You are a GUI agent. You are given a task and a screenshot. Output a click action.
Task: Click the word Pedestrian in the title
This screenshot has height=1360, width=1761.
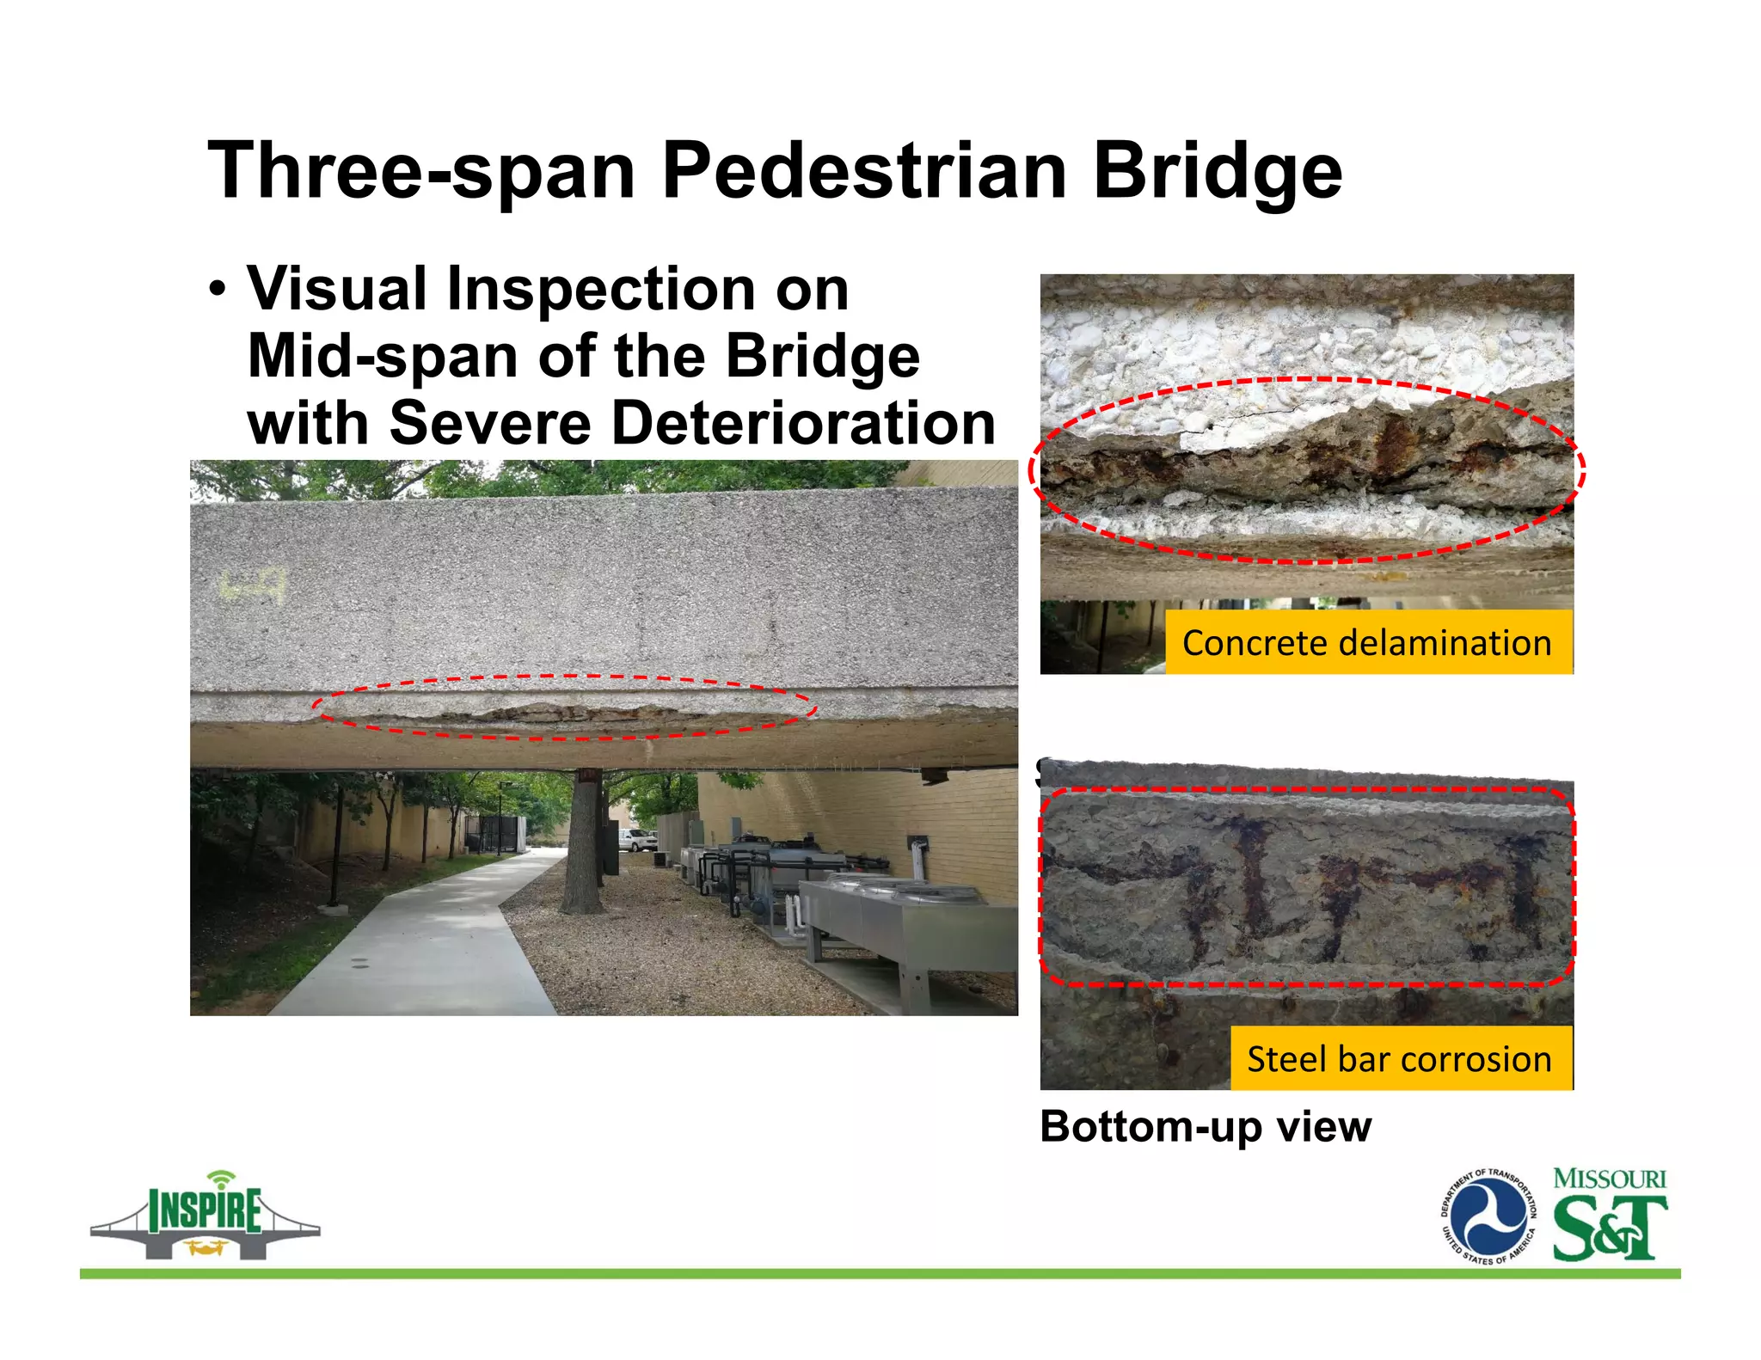pyautogui.click(x=864, y=170)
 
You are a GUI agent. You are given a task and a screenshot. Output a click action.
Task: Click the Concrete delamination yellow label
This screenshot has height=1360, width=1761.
pyautogui.click(x=1367, y=643)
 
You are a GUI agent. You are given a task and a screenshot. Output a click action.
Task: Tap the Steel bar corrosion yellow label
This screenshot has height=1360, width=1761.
pyautogui.click(x=1400, y=1059)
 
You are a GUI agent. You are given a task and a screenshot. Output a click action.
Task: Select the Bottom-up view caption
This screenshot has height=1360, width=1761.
pyautogui.click(x=1206, y=1126)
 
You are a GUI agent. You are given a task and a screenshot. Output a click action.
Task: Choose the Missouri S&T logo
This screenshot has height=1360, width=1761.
pyautogui.click(x=1609, y=1216)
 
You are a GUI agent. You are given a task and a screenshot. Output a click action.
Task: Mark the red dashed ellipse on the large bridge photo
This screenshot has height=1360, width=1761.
pyautogui.click(x=564, y=708)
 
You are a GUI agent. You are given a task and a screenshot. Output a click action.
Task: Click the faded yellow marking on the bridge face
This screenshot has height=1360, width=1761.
pyautogui.click(x=251, y=586)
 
